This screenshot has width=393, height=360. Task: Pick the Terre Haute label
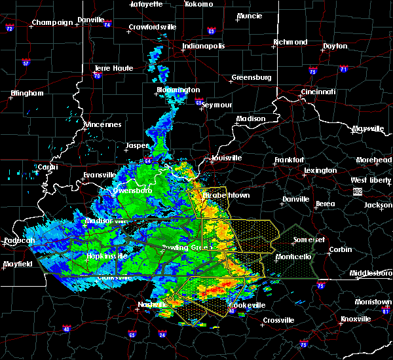113,68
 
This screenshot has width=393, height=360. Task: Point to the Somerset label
309,240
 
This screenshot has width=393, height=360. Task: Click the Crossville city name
278,320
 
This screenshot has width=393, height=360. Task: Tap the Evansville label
100,175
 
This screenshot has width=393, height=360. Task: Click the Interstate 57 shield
26,63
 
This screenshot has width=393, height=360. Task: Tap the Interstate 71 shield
343,69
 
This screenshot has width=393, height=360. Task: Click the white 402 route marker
357,191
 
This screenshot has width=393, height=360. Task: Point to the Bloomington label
178,90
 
